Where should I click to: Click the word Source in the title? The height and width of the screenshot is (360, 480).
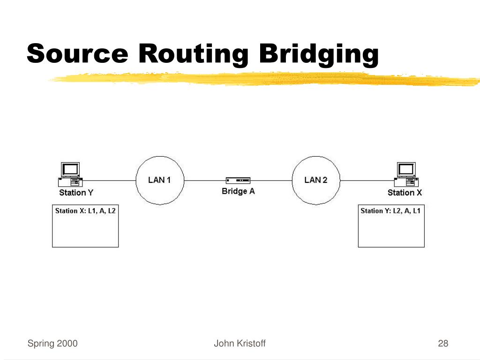pos(77,53)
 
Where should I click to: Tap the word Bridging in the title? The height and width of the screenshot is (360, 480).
pos(319,53)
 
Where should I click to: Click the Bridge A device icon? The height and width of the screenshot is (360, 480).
pos(238,180)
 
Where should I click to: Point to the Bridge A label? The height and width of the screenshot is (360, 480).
pos(238,191)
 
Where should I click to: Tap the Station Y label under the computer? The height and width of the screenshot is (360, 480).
pos(73,193)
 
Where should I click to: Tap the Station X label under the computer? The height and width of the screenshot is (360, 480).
pos(405,193)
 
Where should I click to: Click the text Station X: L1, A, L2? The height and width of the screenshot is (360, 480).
pos(85,211)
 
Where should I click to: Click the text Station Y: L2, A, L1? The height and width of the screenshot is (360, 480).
pos(390,211)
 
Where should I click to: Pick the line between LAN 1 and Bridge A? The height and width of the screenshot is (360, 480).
pos(204,180)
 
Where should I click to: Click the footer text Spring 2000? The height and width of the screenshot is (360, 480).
pos(52,344)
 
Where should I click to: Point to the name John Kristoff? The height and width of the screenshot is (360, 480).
pos(240,344)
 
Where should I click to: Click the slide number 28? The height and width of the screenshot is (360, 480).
pos(443,344)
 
